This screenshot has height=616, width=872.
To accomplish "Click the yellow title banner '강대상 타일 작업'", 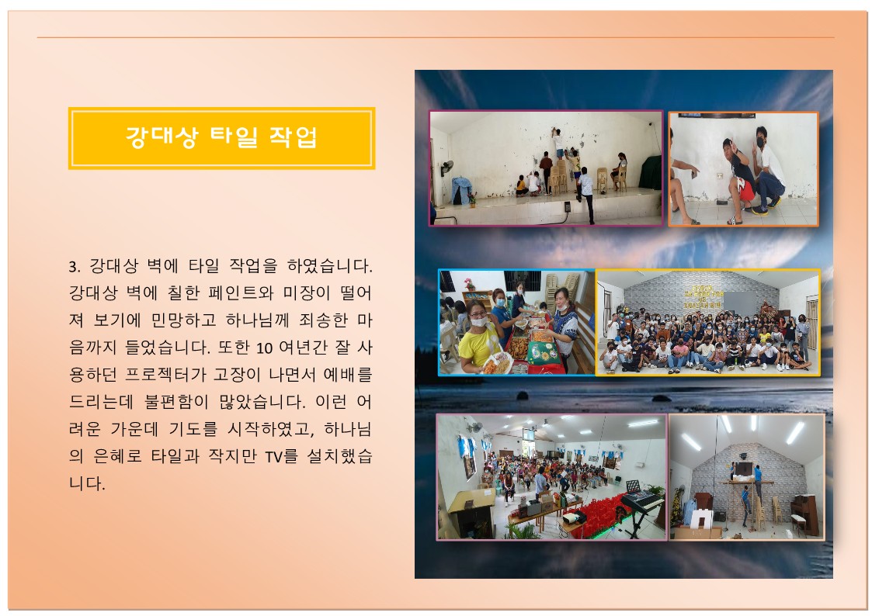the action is [x=221, y=138].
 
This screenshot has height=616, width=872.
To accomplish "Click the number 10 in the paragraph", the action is [x=264, y=348].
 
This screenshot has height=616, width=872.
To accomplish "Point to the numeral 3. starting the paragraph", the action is [x=75, y=267].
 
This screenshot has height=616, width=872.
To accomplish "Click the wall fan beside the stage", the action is [x=446, y=168].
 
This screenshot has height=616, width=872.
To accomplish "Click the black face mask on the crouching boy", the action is [x=760, y=142].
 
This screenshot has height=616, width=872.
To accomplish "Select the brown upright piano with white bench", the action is [x=804, y=514].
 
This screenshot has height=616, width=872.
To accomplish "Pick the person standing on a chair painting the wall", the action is [x=558, y=142].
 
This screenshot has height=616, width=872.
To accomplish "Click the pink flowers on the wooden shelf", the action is [x=470, y=282].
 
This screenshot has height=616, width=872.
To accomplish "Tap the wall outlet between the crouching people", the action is [x=721, y=176].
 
